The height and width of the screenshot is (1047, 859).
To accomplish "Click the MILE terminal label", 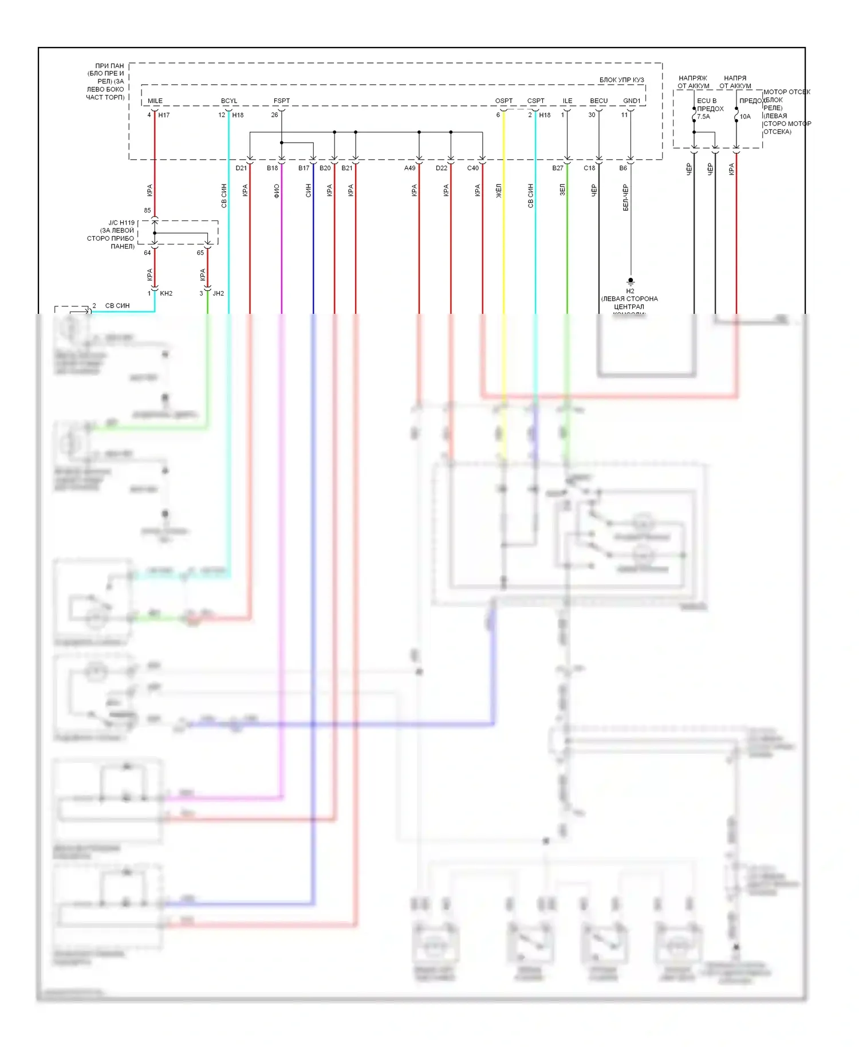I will click(x=155, y=101).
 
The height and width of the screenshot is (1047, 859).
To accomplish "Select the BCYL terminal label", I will click(x=229, y=101).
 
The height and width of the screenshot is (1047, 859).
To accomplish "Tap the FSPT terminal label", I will click(x=282, y=101).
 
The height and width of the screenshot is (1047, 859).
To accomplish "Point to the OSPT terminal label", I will click(x=504, y=101).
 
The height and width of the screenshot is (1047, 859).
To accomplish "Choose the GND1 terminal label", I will click(x=632, y=101).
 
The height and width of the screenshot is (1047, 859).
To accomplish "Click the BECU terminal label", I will click(x=599, y=101).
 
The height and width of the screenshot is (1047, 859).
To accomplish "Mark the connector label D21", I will click(x=241, y=168).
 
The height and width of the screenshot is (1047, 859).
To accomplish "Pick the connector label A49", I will click(x=409, y=168).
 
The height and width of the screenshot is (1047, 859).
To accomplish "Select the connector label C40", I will click(x=472, y=168).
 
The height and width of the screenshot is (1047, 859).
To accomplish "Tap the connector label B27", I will click(x=557, y=168).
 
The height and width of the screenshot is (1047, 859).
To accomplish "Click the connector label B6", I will click(x=623, y=168).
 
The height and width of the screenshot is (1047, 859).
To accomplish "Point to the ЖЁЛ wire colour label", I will click(x=499, y=191).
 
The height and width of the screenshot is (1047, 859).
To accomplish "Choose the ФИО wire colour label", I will click(x=277, y=191).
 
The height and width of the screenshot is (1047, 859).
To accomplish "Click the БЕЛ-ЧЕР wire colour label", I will click(x=625, y=198).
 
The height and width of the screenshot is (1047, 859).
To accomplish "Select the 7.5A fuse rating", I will click(x=704, y=117).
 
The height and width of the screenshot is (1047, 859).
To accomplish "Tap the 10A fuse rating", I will click(x=745, y=117).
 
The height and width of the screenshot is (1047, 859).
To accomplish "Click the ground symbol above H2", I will click(x=631, y=281).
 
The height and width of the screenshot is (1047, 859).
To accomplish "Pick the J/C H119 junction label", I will click(x=121, y=223).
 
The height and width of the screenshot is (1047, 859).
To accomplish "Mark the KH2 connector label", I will click(x=166, y=293).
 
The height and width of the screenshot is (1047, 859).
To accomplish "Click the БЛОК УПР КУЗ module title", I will click(x=621, y=80).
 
